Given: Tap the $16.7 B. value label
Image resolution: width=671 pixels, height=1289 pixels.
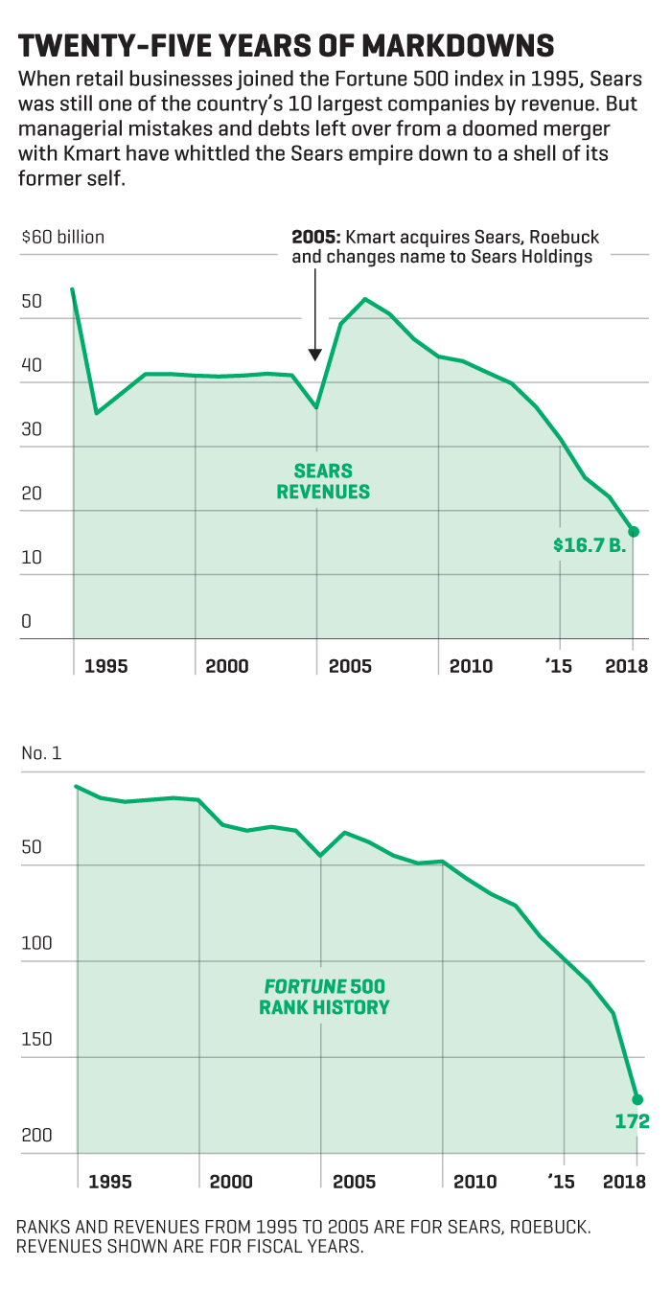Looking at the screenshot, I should point(588,545).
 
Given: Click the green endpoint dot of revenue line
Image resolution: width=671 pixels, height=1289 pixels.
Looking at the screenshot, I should point(633,532).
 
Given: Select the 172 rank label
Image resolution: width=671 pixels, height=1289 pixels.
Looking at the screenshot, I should point(633,1121).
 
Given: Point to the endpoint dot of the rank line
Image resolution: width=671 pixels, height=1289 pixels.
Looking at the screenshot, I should point(637,1099).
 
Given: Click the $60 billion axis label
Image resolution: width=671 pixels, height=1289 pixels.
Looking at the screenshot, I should point(63,238).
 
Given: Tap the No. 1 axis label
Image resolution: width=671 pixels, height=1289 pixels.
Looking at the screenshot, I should point(41,753).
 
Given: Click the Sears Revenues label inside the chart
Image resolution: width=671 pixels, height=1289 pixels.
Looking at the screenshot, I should point(323,482).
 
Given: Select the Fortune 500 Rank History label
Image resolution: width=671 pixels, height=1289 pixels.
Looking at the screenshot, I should point(324,997).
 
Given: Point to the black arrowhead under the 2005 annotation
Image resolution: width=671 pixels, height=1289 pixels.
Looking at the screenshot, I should point(315,355).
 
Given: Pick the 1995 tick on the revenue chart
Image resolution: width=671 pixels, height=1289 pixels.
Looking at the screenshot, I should point(105,666).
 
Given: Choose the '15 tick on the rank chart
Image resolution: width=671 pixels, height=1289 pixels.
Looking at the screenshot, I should point(561,1182).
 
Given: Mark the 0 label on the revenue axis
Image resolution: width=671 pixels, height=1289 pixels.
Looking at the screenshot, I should point(27,621).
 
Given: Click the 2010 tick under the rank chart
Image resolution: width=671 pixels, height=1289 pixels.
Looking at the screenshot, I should point(474,1182).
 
